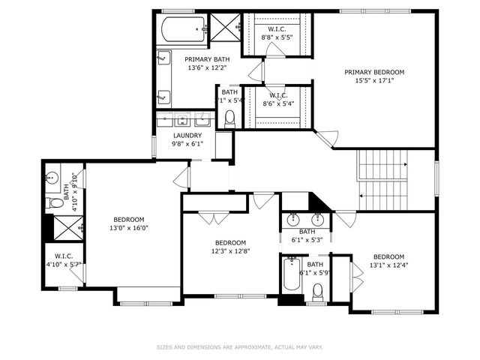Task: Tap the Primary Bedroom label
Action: click(x=373, y=73)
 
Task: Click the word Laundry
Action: click(x=187, y=136)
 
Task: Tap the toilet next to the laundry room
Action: click(x=230, y=118)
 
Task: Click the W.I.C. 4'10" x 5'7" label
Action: click(x=58, y=260)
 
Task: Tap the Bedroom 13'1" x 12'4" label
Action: click(x=388, y=260)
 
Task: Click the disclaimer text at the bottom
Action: click(x=239, y=347)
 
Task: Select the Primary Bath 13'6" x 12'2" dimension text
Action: click(x=207, y=67)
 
